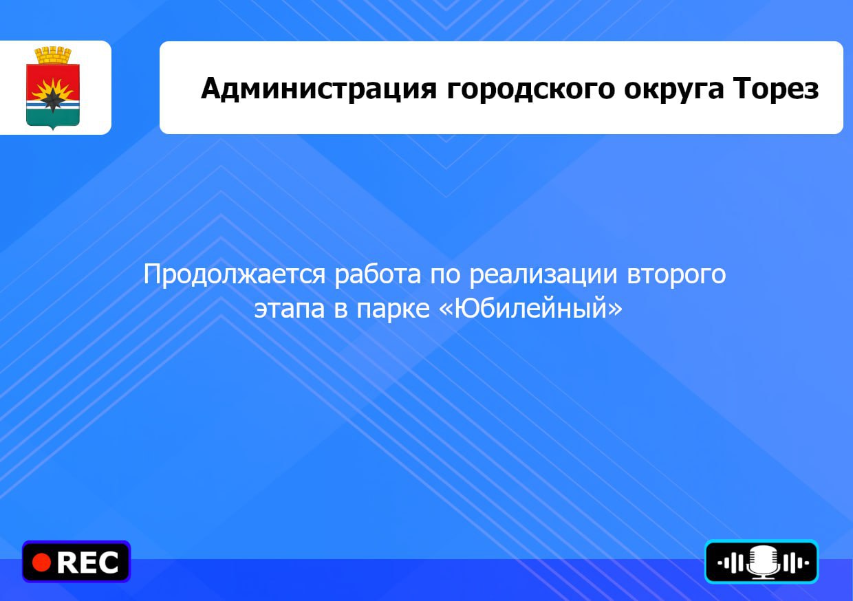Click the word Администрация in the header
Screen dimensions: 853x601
pos(318,89)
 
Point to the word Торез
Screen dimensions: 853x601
pos(776,88)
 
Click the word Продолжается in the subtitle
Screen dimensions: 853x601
pos(234,275)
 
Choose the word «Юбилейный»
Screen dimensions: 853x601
pos(531,307)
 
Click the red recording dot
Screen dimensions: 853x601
pos(41,562)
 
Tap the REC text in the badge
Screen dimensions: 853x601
pos(87,562)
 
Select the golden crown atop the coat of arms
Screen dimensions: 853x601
pos(53,56)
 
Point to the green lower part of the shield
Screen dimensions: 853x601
pos(52,116)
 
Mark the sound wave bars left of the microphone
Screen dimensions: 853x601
pos(731,562)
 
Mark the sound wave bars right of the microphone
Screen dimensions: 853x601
pos(795,562)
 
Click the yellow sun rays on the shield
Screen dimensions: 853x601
pos(52,89)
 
